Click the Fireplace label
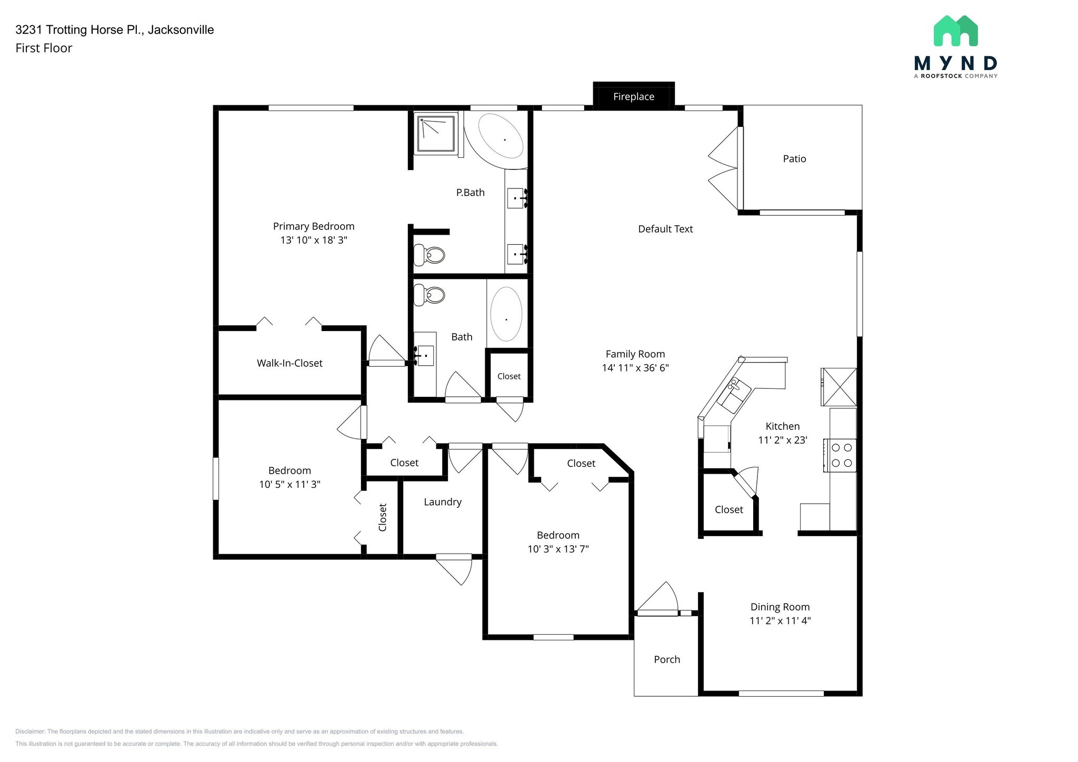634,97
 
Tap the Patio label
794,159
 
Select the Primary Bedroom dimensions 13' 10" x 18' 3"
314,240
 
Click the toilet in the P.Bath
429,255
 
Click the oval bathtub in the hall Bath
506,314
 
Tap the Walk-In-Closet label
290,363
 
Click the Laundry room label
443,502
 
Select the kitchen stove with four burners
840,455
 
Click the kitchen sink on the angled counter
736,395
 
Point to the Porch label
667,659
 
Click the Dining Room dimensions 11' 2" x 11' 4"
780,620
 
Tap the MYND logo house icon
955,31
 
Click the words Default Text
665,229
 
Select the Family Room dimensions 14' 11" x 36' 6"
635,368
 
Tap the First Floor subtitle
44,48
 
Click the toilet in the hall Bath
429,295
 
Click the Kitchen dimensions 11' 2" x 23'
783,440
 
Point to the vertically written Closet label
383,517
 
